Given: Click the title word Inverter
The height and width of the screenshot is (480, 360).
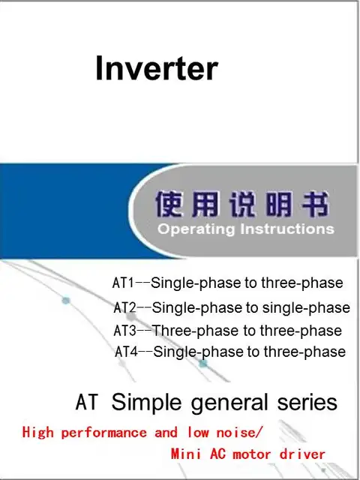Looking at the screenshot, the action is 157,68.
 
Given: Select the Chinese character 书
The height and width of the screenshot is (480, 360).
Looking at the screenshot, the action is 316,203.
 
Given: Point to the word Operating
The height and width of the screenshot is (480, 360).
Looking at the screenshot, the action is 196,229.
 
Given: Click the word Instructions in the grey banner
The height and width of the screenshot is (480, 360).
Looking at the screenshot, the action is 287,229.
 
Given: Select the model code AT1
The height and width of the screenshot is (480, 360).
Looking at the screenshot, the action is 123,283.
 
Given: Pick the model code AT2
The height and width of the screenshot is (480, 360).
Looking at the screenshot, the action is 124,307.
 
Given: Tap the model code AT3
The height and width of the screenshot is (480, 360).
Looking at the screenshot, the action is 124,331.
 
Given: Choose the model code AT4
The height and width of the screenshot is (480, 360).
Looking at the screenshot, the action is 127,352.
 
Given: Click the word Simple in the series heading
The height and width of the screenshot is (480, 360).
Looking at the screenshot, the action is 147,403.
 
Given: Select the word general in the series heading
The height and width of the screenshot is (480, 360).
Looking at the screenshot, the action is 229,403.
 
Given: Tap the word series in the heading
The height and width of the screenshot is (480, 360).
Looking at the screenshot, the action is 307,402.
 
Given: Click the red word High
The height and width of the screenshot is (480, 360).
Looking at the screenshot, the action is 38,433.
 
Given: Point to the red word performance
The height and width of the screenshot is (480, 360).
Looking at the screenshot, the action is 103,433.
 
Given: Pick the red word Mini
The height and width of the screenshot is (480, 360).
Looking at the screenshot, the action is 186,454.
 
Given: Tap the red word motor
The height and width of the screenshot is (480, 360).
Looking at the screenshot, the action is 252,454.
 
